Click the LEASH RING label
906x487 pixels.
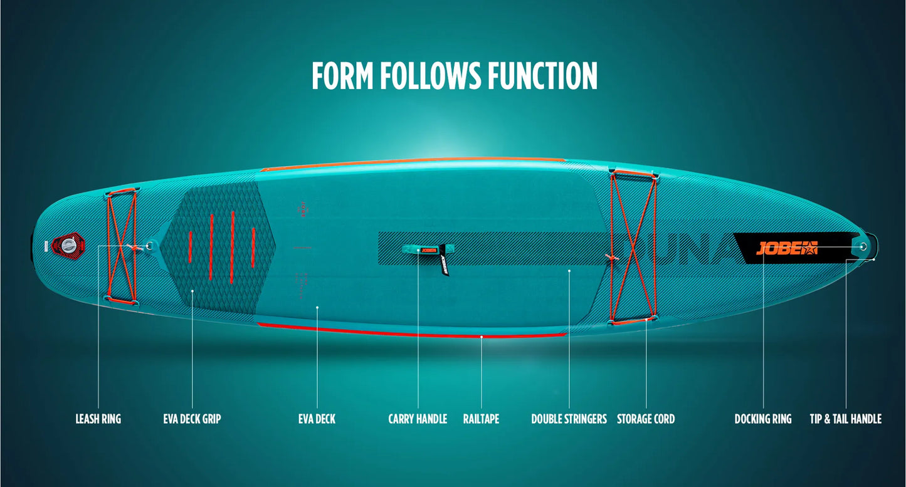click(98, 419)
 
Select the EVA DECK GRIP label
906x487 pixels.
click(192, 419)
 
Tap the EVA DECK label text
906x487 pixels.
click(317, 419)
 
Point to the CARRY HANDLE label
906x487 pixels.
click(418, 419)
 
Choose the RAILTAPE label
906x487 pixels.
click(481, 419)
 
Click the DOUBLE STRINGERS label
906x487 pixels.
click(569, 419)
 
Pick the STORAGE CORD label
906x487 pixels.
click(646, 419)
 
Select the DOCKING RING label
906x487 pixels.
click(763, 419)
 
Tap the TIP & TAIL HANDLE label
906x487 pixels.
click(846, 419)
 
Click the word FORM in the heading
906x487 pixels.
click(342, 76)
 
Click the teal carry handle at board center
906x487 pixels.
click(419, 249)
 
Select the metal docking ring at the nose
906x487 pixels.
click(863, 246)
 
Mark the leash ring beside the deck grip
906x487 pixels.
click(150, 246)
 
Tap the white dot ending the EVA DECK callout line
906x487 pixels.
click(317, 307)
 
